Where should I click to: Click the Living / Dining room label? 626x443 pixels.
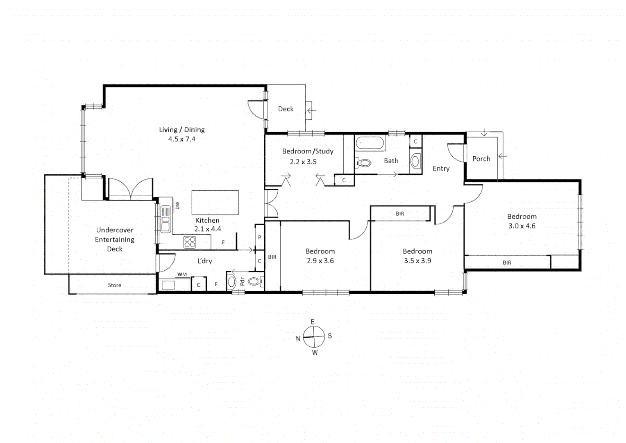tap(182, 130)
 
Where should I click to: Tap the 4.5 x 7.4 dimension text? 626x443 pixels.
tap(181, 139)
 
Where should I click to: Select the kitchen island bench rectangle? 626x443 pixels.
tap(215, 202)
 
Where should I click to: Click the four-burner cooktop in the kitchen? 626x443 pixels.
tap(190, 242)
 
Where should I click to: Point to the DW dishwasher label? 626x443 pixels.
tap(177, 206)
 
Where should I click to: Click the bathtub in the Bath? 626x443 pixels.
tap(370, 143)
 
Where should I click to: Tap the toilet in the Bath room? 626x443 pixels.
tap(363, 163)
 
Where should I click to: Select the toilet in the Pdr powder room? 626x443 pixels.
tap(255, 281)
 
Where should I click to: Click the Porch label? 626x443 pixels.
tap(481, 159)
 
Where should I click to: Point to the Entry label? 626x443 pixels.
tap(441, 169)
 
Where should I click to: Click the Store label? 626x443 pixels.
tap(114, 285)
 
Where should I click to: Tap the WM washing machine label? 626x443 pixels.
tap(182, 274)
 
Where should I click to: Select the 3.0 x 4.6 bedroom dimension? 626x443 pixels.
tap(522, 226)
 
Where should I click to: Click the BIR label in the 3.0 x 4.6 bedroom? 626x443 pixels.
tap(507, 263)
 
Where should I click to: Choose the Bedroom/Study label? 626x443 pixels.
tap(308, 151)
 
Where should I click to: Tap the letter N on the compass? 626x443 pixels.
tap(298, 339)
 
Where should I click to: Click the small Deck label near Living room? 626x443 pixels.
tap(286, 109)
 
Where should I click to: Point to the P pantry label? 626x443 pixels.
tap(259, 237)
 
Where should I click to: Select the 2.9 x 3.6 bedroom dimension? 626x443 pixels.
tap(320, 261)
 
